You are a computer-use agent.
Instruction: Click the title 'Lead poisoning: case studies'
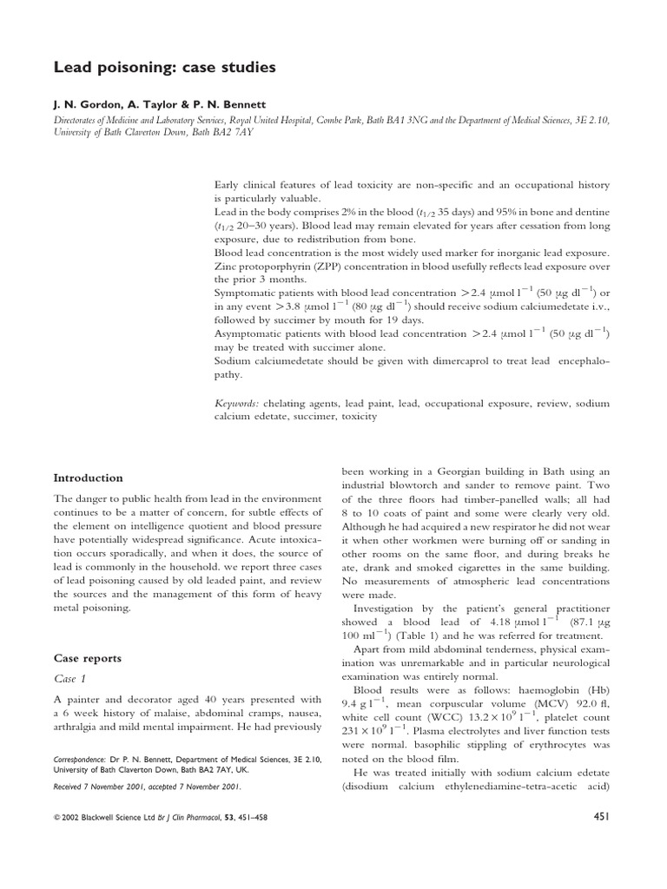click(152, 67)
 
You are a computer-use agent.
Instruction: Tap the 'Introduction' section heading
click(89, 477)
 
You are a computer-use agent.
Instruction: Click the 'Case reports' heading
click(88, 658)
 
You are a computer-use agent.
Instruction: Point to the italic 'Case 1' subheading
click(70, 679)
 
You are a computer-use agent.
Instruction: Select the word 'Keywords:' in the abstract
click(237, 404)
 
